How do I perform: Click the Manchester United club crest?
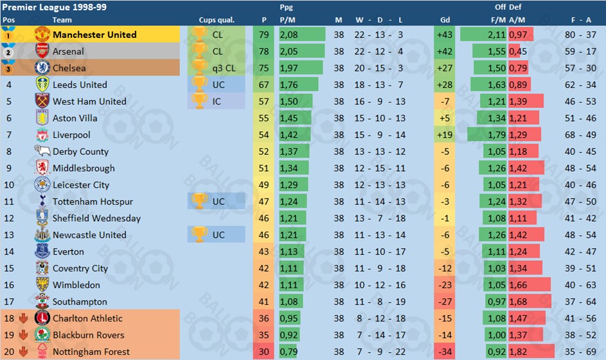(42, 35)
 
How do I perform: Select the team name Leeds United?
(80, 85)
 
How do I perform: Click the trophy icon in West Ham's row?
(199, 102)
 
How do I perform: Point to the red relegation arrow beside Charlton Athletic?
(22, 319)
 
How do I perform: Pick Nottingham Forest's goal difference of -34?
(443, 352)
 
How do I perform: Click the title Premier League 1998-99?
(45, 6)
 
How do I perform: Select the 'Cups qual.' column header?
(217, 20)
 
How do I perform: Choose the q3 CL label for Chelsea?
(220, 68)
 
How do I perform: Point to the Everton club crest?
(42, 252)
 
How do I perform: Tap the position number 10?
(8, 185)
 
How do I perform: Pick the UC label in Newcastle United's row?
(218, 235)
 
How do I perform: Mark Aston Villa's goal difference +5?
(443, 118)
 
